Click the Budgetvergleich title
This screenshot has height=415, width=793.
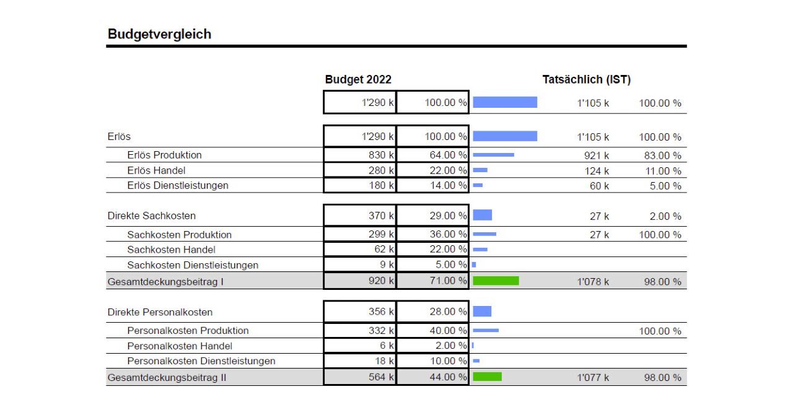tap(159, 34)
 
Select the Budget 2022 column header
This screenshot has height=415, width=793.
tap(358, 80)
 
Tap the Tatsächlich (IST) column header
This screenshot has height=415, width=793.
tap(586, 80)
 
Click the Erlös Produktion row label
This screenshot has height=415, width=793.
tap(164, 155)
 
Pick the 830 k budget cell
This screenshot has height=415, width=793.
tap(360, 155)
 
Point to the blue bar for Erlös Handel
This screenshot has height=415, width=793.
tap(480, 170)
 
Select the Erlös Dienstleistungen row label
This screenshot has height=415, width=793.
tap(178, 185)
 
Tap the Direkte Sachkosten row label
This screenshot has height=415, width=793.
tap(151, 216)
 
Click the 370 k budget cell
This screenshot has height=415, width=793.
tap(360, 216)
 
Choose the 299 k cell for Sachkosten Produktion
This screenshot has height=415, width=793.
tap(360, 234)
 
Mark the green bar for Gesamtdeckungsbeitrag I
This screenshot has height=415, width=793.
tap(496, 281)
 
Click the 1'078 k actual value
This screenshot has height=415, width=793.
tap(593, 282)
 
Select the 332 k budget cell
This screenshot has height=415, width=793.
tap(360, 331)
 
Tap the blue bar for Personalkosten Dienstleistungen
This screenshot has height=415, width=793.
tap(476, 361)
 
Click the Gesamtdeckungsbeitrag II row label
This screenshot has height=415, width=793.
tap(167, 377)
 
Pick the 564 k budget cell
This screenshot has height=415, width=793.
tap(360, 377)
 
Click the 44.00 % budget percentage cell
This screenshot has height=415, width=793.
tap(432, 377)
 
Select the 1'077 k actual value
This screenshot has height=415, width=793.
tap(593, 378)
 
